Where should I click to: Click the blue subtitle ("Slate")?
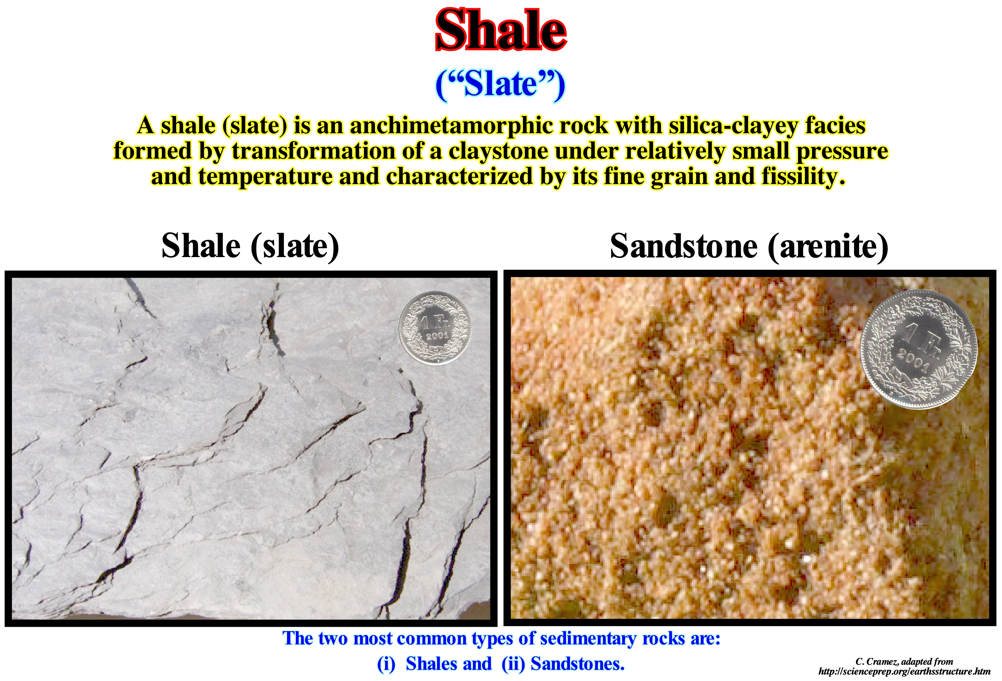point(500,84)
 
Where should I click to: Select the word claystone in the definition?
point(498,151)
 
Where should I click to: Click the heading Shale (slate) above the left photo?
point(250,246)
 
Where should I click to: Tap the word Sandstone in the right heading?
point(684,246)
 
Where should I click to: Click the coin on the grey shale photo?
point(435,328)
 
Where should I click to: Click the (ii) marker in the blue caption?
point(513,664)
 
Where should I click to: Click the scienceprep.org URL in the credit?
point(904,672)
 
